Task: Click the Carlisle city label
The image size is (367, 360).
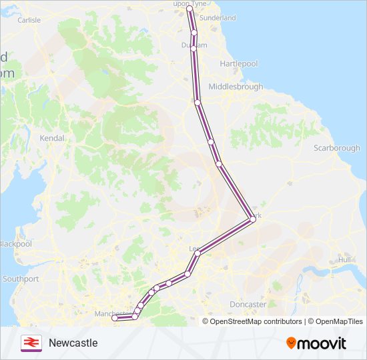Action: (x=29, y=20)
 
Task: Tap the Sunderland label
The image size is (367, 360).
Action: (x=218, y=17)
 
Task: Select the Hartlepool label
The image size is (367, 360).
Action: (x=239, y=63)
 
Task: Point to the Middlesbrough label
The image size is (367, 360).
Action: (x=236, y=87)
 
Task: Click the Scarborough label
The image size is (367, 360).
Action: (x=336, y=148)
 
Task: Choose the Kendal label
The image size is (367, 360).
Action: (x=52, y=138)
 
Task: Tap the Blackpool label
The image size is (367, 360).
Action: (x=15, y=244)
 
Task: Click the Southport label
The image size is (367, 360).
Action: (x=21, y=279)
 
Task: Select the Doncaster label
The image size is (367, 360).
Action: (x=248, y=304)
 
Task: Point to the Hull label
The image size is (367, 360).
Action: (x=344, y=259)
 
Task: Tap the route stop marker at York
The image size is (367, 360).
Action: (x=251, y=217)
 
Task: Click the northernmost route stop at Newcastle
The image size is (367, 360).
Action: (x=190, y=9)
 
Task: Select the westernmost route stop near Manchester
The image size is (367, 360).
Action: (x=115, y=319)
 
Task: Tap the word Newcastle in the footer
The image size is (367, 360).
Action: (x=73, y=343)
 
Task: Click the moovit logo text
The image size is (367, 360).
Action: (x=322, y=343)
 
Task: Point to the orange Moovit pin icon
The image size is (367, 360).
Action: (x=292, y=343)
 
